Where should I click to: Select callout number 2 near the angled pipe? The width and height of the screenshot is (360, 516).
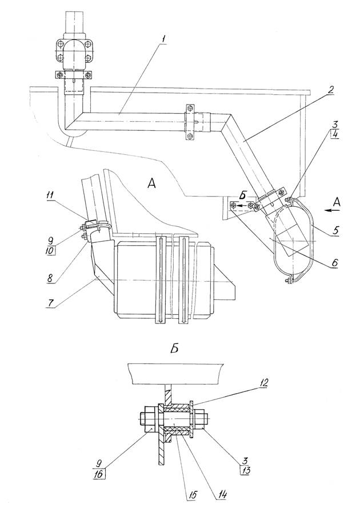[x=331, y=89]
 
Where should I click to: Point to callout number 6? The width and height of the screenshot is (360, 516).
[x=335, y=262]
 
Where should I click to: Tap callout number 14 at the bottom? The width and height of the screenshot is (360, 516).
[x=222, y=494]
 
